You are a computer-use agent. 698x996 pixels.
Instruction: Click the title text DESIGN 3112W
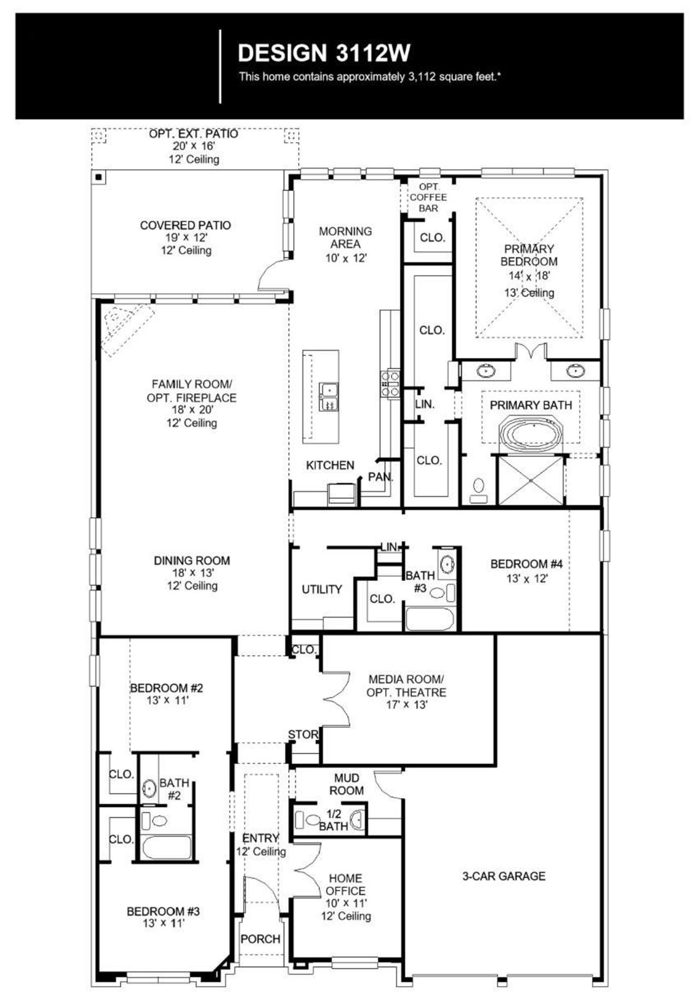tap(324, 53)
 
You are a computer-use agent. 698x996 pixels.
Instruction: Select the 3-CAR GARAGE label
tap(503, 876)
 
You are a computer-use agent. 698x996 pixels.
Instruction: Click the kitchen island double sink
tap(328, 396)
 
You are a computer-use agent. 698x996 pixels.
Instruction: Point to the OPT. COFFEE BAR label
tap(428, 197)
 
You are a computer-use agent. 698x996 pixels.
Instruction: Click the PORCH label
tap(261, 939)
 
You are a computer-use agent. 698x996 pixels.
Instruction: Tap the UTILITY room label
tap(322, 589)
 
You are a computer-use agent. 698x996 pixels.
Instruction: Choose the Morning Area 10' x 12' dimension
tap(346, 258)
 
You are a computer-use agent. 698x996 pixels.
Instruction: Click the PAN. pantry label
tap(380, 476)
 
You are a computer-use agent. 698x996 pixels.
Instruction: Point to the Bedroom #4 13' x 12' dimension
tap(526, 578)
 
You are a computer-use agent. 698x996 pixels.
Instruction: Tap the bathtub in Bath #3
tap(430, 619)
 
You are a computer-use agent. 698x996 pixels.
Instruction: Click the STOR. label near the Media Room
tap(303, 734)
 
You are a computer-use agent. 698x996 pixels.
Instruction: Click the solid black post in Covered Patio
tap(99, 178)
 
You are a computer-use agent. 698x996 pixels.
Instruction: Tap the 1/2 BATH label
tap(333, 820)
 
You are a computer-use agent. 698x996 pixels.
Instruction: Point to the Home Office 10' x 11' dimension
tap(346, 903)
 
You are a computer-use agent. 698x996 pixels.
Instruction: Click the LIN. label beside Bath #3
tap(389, 547)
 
